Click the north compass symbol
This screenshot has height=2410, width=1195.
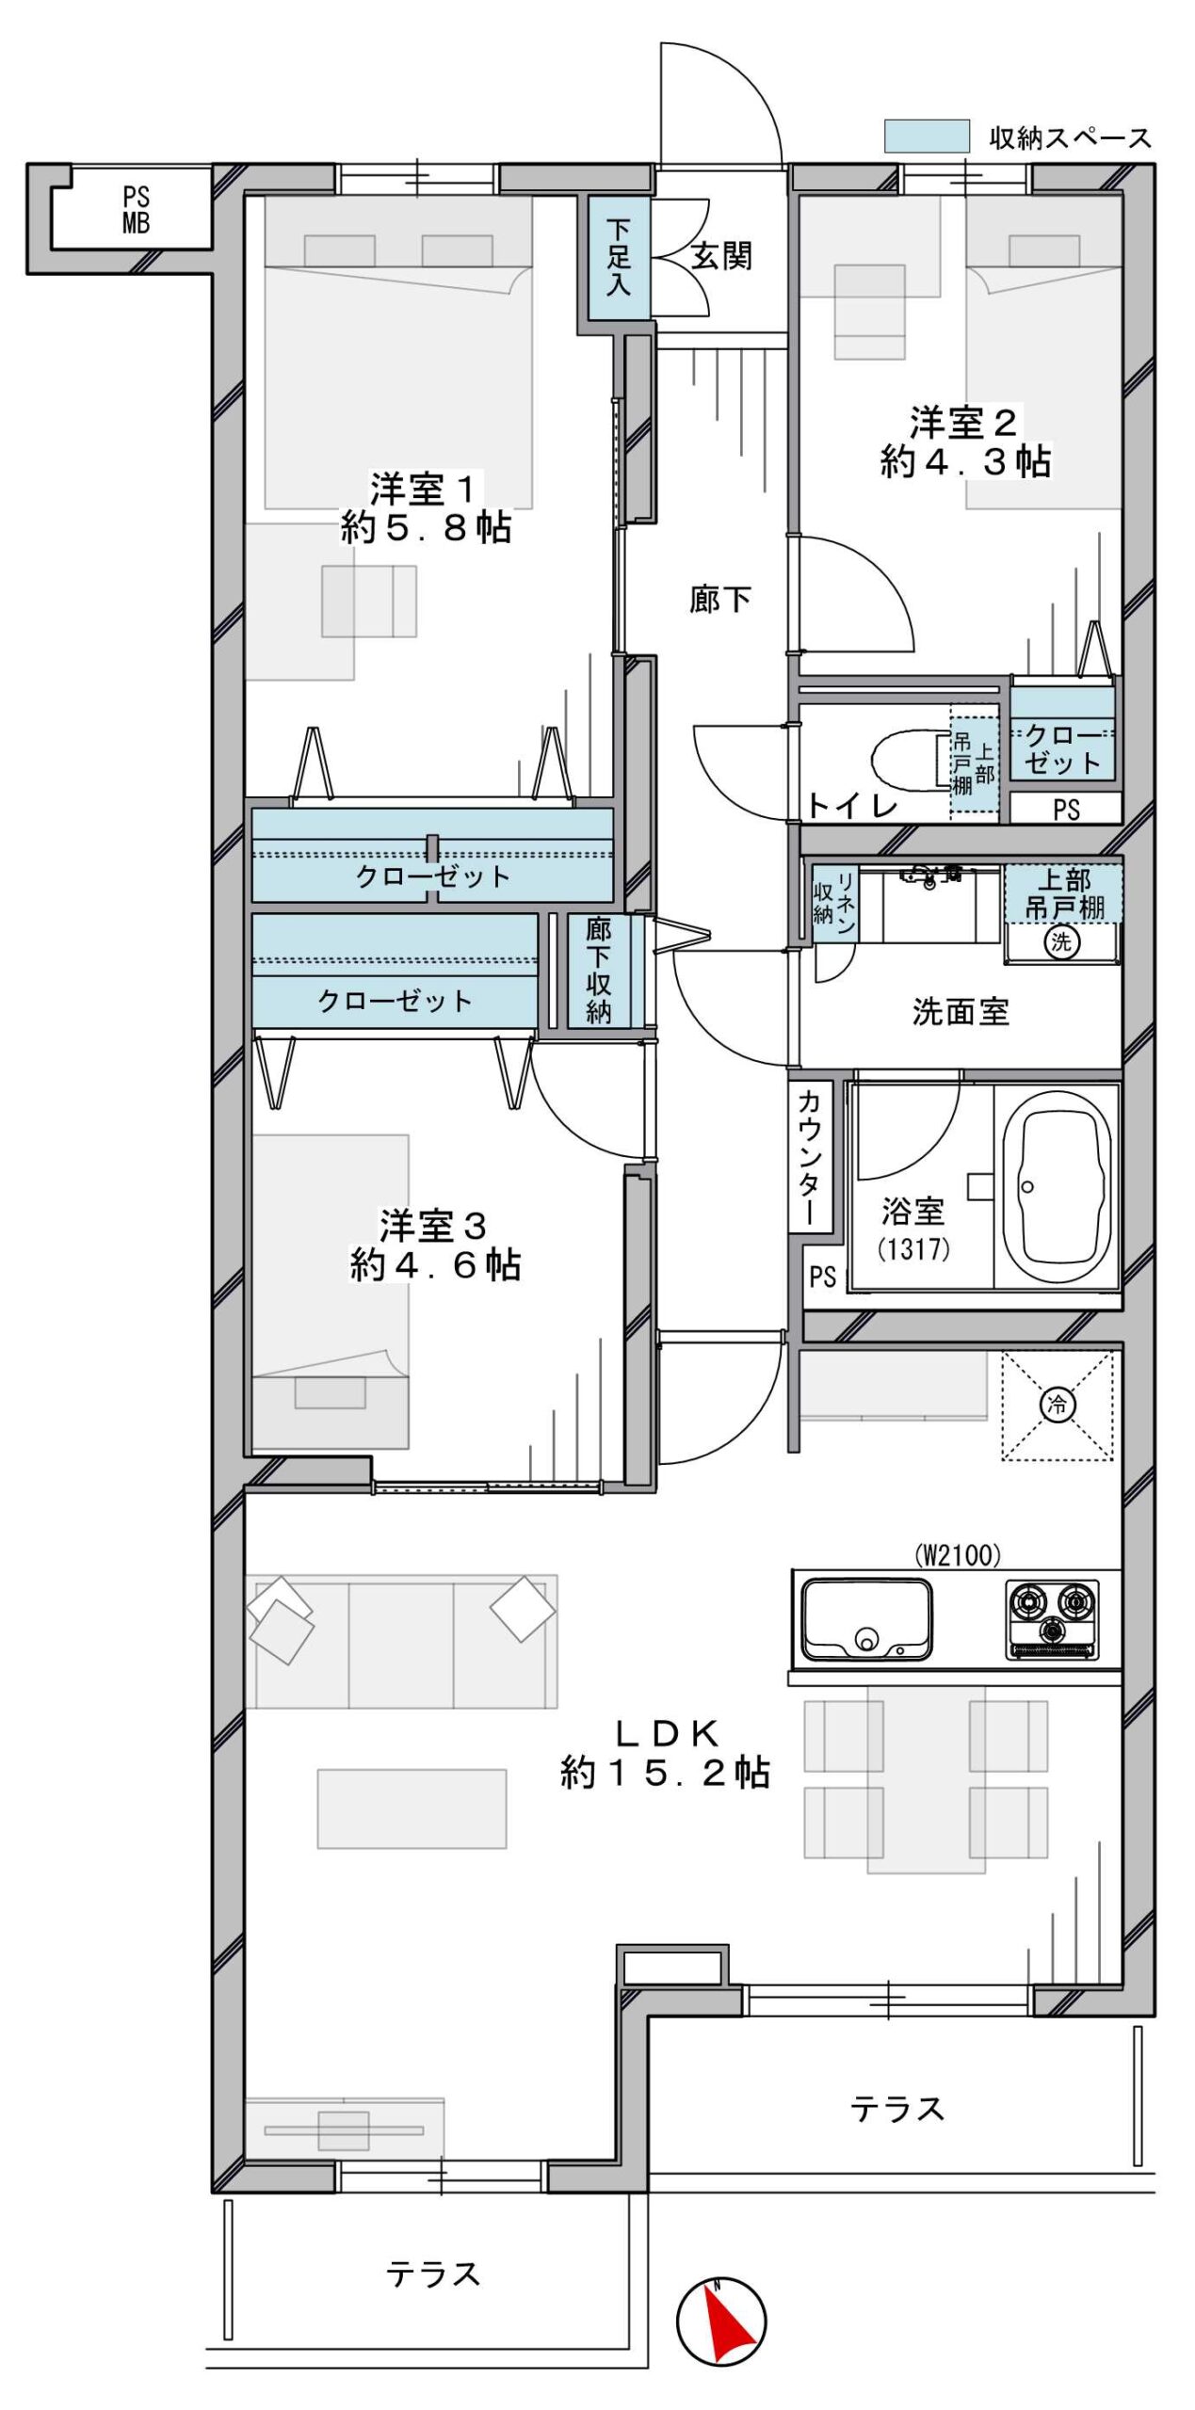tap(720, 2321)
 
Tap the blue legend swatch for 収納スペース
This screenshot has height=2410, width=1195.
tap(926, 136)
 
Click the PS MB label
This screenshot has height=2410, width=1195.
tap(136, 210)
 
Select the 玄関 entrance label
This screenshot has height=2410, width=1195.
tap(721, 255)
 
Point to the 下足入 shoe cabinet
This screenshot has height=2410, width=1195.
tap(619, 257)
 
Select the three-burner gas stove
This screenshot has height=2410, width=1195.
tap(1051, 1618)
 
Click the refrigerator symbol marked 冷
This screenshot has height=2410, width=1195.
tap(1057, 1406)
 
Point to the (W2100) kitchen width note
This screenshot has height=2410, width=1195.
tap(958, 1554)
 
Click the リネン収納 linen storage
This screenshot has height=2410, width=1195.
tap(834, 903)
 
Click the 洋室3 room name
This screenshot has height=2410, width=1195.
tap(433, 1226)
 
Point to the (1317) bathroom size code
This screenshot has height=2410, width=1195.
tap(912, 1248)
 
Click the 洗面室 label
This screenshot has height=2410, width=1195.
tap(960, 1012)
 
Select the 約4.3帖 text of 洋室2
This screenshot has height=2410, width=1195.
tap(965, 461)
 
